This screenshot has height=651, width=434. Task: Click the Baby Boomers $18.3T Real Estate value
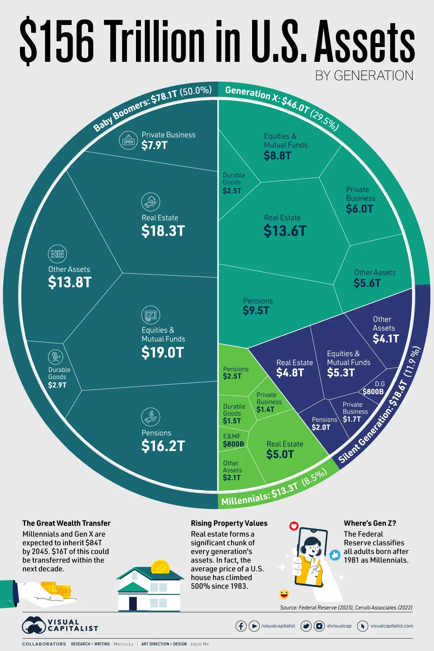(163, 231)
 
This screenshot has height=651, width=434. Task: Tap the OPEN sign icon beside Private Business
(128, 141)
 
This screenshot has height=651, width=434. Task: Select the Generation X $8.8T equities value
(277, 156)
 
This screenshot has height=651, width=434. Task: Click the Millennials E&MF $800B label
(233, 444)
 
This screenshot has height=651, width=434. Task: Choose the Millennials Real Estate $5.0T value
(280, 454)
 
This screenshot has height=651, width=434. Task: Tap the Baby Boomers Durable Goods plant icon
(55, 357)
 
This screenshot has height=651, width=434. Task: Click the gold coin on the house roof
(160, 567)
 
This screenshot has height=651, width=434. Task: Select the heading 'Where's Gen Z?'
(370, 523)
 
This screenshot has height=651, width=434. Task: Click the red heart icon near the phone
(294, 526)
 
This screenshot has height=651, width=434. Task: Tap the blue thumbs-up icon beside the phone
(335, 555)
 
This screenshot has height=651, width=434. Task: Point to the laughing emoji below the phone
(284, 594)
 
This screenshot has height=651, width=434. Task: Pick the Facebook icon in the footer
(241, 626)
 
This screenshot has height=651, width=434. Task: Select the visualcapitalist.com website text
(391, 626)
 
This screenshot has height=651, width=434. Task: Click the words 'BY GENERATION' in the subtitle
(364, 76)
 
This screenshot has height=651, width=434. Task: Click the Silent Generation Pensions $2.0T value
(321, 427)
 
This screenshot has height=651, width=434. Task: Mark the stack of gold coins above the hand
(56, 589)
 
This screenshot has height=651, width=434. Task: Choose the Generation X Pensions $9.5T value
(256, 310)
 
